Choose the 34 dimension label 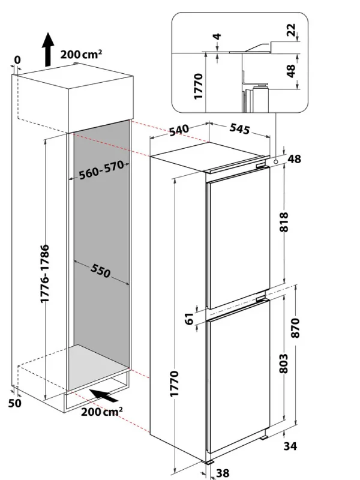pyautogui.click(x=291, y=446)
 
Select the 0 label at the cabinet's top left pyautogui.click(x=17, y=60)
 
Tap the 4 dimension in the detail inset pyautogui.click(x=217, y=37)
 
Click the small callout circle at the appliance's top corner pyautogui.click(x=275, y=161)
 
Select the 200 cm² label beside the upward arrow pyautogui.click(x=82, y=55)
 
